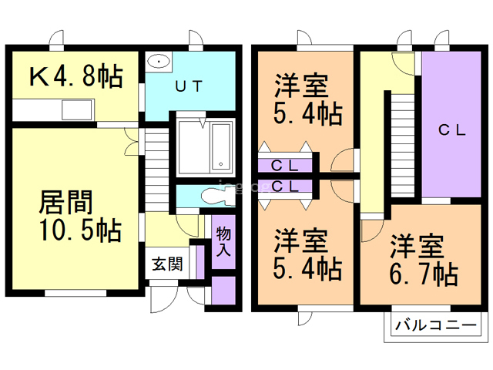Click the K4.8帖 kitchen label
pos(75,76)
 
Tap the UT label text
pos(188,86)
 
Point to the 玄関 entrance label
pos(166,264)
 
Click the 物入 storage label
pos(223,241)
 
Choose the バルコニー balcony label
pos(435,325)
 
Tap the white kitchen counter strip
pos(52,112)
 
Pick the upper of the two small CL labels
pos(285,164)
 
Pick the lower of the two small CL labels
pos(285,186)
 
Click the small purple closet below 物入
pos(223,291)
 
